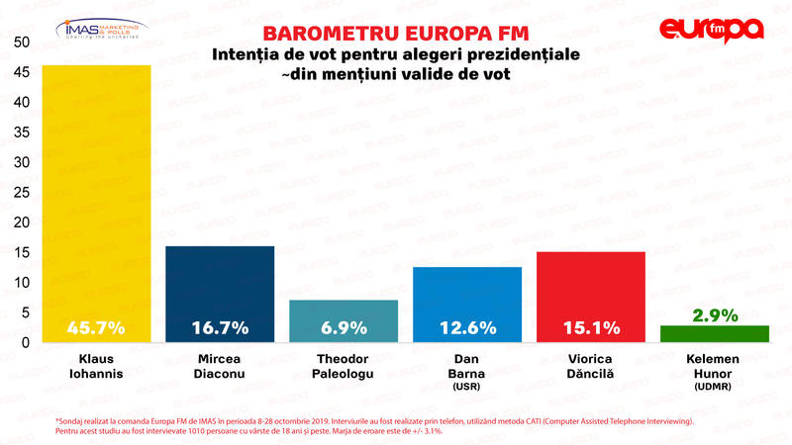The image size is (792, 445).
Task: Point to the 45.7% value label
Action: coord(96,327)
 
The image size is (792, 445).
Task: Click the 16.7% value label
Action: coord(220,327)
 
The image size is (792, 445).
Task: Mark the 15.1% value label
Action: coord(590,327)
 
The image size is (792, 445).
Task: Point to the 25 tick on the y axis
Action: coord(21,192)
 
